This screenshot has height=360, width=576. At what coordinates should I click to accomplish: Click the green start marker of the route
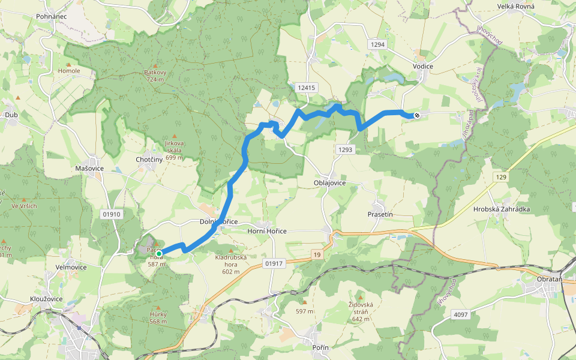point(159,254)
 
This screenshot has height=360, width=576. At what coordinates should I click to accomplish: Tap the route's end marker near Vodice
point(416,115)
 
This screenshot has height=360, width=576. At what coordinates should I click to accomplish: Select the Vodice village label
point(423,66)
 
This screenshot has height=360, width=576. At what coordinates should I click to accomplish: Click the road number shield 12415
point(305,88)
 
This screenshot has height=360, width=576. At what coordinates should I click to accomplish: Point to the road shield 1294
point(377,45)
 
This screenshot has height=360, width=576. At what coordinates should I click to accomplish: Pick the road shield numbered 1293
point(345,149)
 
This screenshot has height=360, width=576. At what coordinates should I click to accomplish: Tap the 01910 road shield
point(112,214)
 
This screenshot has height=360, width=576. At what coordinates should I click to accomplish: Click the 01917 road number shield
point(273,263)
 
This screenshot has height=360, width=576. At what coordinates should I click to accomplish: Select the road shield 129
point(502,177)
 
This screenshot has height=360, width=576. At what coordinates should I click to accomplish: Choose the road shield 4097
point(461,314)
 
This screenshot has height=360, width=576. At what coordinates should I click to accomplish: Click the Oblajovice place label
point(329,183)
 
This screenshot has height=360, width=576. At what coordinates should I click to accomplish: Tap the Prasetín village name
point(380,214)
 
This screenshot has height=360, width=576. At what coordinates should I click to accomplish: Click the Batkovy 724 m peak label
point(154,76)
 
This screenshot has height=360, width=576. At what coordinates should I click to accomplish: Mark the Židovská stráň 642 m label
point(361,308)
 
